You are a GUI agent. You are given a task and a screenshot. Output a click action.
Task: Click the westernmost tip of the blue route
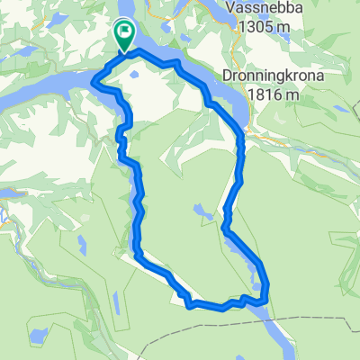click(x=94, y=83)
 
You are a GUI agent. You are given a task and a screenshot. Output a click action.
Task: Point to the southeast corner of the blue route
click(x=266, y=301)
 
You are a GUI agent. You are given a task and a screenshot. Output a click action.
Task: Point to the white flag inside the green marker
click(x=124, y=33)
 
